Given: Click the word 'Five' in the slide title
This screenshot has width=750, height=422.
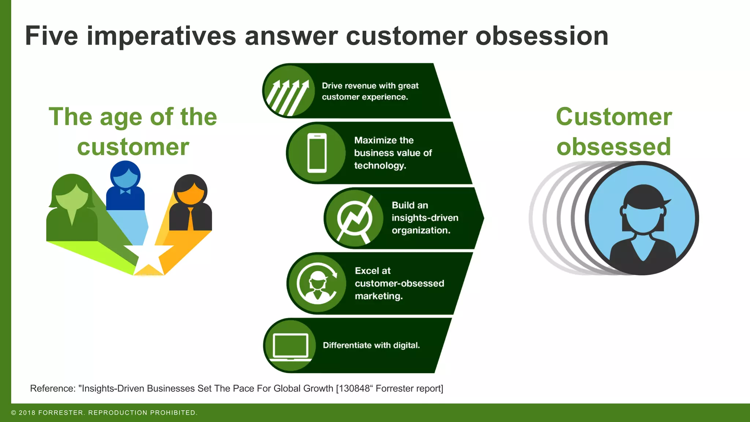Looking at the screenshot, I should click(x=51, y=36).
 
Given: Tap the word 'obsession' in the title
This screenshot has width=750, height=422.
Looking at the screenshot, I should click(x=542, y=36).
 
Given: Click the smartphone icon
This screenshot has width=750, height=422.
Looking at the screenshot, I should click(x=317, y=153).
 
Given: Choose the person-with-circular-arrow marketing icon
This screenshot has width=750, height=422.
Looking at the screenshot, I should click(x=317, y=283).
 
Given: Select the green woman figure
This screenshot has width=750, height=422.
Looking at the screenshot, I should click(x=72, y=209).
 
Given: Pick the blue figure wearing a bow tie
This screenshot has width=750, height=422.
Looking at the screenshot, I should click(x=125, y=187).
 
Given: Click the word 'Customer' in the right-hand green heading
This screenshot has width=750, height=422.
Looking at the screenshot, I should click(x=614, y=117).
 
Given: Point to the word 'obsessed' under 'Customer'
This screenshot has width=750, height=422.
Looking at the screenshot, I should click(x=614, y=147).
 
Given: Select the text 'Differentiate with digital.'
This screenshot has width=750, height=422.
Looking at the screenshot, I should click(x=371, y=345).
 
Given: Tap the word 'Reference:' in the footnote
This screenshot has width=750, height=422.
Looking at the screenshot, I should click(x=53, y=388).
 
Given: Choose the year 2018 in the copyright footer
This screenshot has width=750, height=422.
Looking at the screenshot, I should click(x=27, y=413).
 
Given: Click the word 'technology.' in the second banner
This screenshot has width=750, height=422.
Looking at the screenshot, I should click(x=380, y=166).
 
